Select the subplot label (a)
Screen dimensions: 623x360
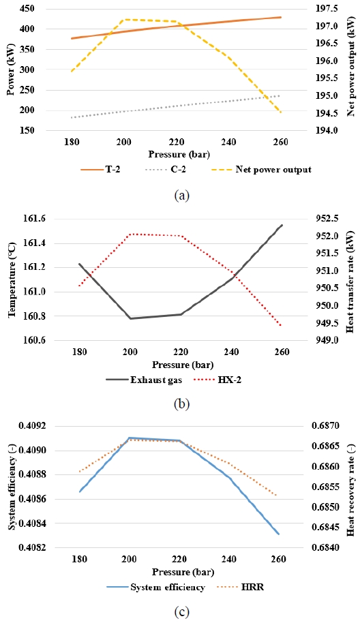click(x=181, y=195)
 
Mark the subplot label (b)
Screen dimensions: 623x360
click(x=181, y=404)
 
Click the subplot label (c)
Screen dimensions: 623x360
click(x=181, y=611)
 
